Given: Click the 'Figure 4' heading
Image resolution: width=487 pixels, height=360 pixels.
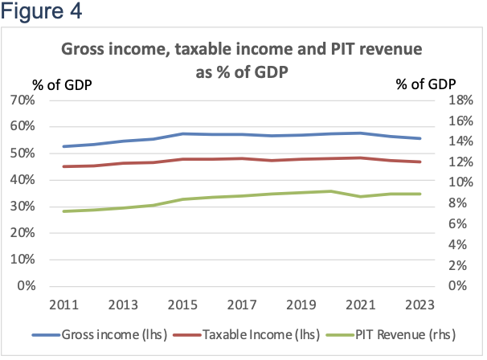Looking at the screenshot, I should pos(41,13).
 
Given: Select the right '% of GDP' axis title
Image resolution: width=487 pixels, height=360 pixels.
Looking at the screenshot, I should pos(426,84).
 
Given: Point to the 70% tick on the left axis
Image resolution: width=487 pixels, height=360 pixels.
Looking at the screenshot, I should pos(44,100).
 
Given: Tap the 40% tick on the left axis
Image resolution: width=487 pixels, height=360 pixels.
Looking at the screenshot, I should pos(44,180).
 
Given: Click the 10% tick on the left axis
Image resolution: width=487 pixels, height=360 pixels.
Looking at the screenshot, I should pos(44,260).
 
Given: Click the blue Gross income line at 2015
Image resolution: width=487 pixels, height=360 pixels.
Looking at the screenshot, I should pos(184,133).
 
